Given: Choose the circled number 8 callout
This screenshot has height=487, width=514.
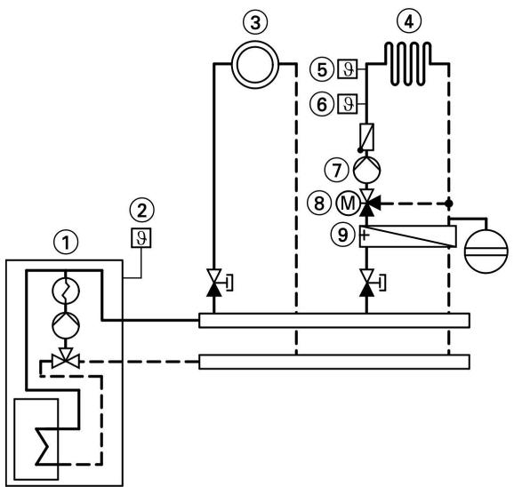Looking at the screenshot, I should [x=326, y=203].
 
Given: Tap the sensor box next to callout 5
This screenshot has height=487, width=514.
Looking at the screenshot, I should [x=349, y=68].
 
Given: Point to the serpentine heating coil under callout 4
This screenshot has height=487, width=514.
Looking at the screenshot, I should [x=406, y=62].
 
